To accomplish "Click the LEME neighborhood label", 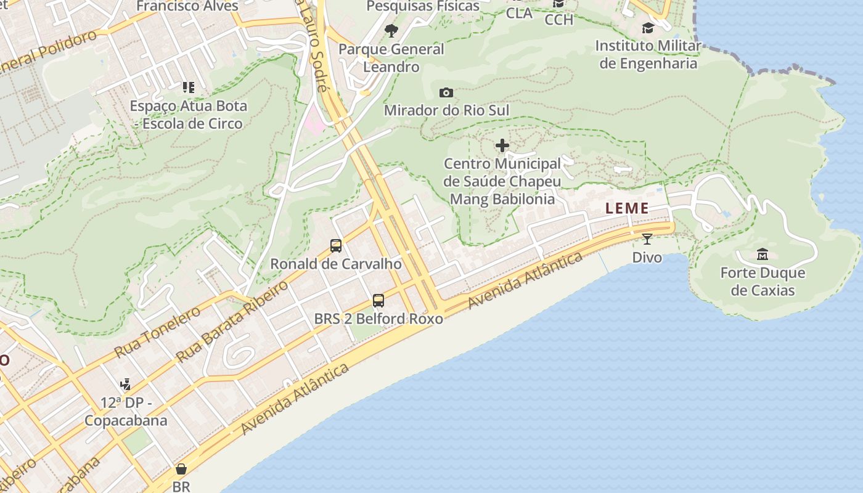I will coord(627,208).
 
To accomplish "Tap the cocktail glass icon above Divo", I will coord(647,239).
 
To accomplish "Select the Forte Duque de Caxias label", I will coord(763,282).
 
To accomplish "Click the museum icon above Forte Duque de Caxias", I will coord(763,254).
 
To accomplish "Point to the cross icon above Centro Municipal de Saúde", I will coord(502,145).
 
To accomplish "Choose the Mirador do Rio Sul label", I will coord(446,110).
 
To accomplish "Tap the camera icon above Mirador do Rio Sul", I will coord(446,93).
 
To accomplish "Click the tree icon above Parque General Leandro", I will coord(391,31).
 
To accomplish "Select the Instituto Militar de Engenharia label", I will coord(648,54).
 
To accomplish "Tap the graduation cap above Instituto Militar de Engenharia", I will coord(648,28).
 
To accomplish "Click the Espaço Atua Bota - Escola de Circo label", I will coord(189,115).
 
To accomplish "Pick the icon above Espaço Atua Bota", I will coord(189,88).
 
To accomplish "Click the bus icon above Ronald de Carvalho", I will coord(336,246).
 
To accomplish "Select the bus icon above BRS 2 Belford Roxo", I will coord(378,301).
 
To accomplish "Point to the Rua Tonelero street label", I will coord(158,332).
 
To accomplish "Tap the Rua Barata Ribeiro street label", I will coord(232,321).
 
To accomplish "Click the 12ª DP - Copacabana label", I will coord(126,412).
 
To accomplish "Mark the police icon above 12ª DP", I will coord(126,385).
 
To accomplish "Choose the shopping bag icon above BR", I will coord(181,469).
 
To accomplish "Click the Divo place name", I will coord(647,258).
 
